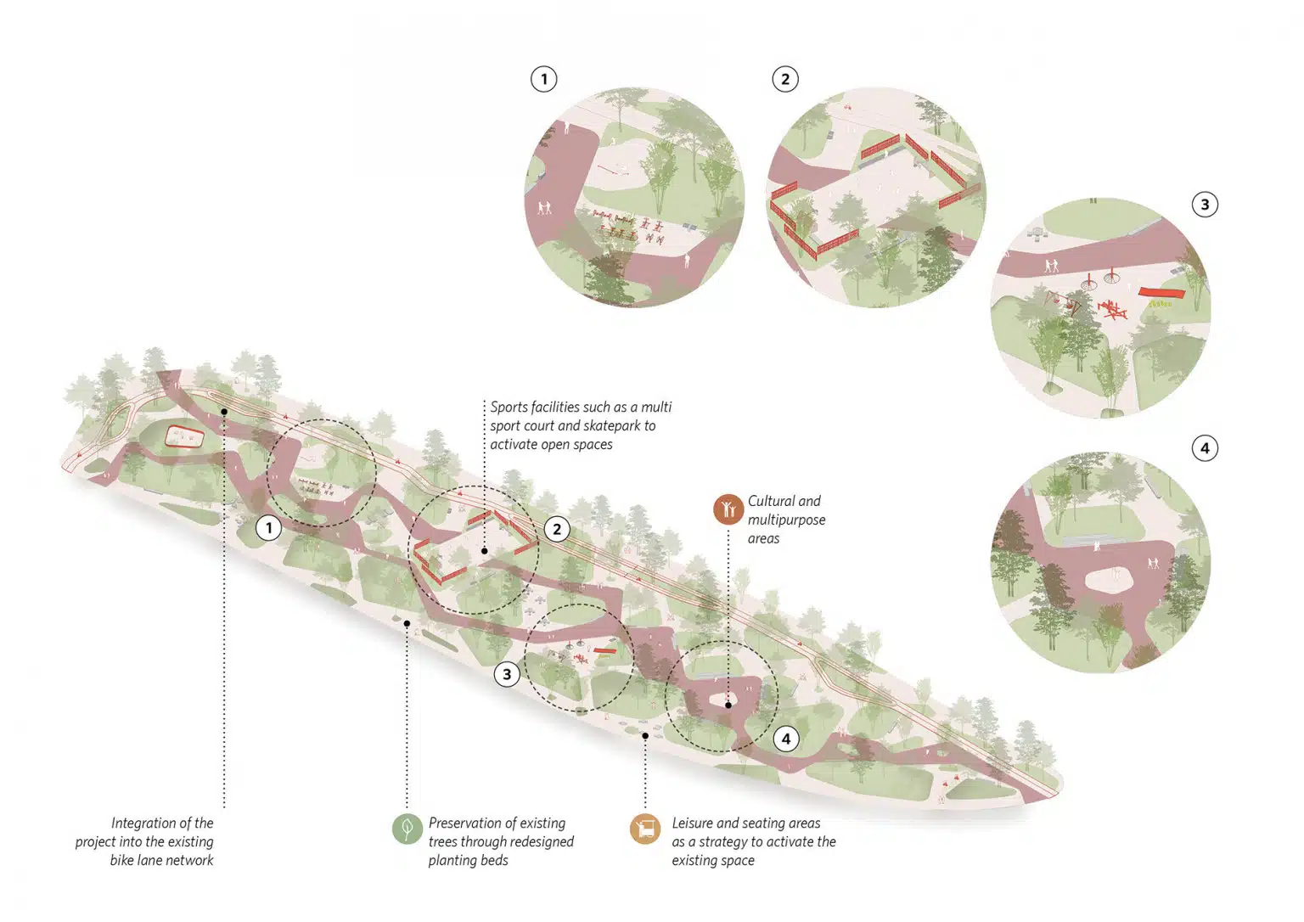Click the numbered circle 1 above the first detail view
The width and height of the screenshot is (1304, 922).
tap(543, 79)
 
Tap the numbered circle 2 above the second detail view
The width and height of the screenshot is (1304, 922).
tap(785, 79)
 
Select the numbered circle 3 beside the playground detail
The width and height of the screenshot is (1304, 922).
tap(1205, 205)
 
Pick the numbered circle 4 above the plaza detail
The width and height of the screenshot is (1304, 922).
tap(1205, 448)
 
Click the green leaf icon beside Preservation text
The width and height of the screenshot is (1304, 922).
tap(407, 828)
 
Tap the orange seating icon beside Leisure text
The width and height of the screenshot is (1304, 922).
tap(645, 828)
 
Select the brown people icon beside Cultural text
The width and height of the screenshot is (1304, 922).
tap(728, 509)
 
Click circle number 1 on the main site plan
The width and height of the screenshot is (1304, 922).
tap(268, 528)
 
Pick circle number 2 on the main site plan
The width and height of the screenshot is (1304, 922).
tap(557, 529)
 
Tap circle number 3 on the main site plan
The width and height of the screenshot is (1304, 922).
tap(507, 674)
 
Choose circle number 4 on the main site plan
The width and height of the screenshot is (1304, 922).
tap(786, 739)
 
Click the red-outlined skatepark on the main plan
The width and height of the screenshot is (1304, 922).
tap(184, 436)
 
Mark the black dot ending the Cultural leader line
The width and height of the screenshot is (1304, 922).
tap(728, 705)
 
